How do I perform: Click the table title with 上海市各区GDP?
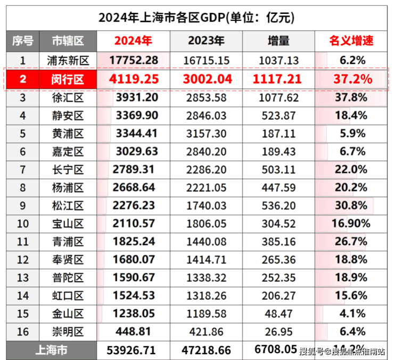[x=196, y=17]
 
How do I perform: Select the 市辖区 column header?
[x=68, y=41]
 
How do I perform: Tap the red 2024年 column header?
[x=133, y=41]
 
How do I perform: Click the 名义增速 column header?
[x=351, y=41]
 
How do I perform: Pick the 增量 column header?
[x=278, y=41]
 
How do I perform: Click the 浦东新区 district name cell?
[x=68, y=60]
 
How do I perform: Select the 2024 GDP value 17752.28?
[x=134, y=60]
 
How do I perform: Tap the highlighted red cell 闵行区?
[x=68, y=80]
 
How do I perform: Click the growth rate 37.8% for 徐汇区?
[x=351, y=98]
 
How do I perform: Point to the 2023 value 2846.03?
[x=206, y=116]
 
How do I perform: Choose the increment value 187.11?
[x=278, y=134]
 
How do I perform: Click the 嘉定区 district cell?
[x=68, y=152]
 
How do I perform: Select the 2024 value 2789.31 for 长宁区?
[x=134, y=170]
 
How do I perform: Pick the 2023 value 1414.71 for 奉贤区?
[x=206, y=260]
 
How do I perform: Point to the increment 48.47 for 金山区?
[x=278, y=314]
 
